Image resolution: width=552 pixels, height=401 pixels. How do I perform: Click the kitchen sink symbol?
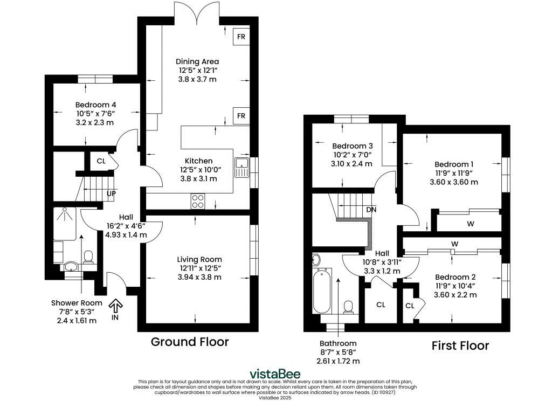coord(241,167)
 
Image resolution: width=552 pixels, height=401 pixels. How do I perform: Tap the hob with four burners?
coord(198,201)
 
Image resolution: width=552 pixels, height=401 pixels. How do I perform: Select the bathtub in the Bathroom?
coord(322,293)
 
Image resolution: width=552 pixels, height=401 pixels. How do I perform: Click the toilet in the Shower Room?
coord(89,257)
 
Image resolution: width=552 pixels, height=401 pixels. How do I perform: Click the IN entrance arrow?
coord(115,308)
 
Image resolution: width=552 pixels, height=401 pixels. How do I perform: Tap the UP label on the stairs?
coord(111,193)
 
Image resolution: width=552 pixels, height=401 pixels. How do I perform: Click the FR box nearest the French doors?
coord(241,37)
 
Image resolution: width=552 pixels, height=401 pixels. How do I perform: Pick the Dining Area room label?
coord(198,61)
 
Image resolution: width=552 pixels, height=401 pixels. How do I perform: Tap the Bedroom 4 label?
coord(95,105)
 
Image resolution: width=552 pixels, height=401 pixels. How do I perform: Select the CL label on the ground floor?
coord(101,161)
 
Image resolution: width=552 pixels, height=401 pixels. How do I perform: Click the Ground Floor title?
coord(189,342)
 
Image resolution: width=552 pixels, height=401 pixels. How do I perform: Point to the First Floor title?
coord(460,345)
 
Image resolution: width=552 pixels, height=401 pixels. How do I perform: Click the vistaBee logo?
coord(275,374)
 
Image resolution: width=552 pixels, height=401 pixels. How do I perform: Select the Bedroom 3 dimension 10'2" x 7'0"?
coord(353,155)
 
